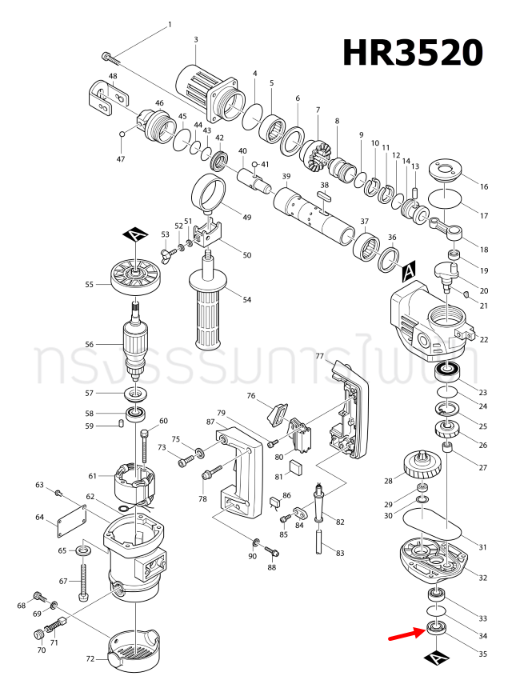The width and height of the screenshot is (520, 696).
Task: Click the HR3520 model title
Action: pos(413,53)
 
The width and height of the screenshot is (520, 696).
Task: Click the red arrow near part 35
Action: pos(406,634)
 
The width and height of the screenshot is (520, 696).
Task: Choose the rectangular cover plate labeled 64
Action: pos(72,525)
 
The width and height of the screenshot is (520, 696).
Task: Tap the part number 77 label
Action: pos(318,356)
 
